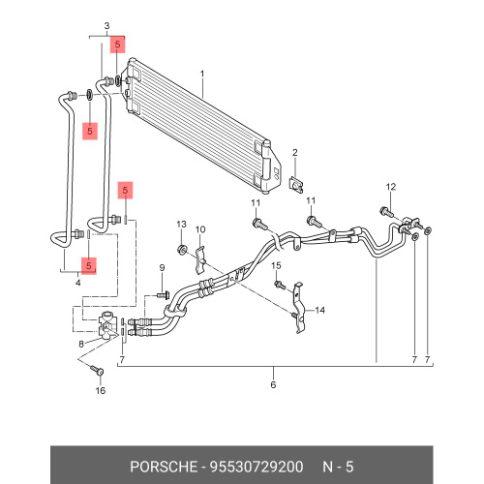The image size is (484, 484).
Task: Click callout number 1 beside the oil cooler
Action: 202,74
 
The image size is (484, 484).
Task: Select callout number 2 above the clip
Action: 295,153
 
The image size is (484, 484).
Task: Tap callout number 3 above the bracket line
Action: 106,26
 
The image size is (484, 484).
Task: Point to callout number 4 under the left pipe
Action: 78,283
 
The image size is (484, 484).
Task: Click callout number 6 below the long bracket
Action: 273,384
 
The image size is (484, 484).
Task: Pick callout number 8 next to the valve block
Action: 81,344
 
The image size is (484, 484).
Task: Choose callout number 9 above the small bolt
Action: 162,268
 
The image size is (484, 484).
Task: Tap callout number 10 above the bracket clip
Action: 200,229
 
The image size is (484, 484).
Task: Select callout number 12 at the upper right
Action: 391,187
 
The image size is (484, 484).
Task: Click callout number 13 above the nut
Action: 181,225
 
